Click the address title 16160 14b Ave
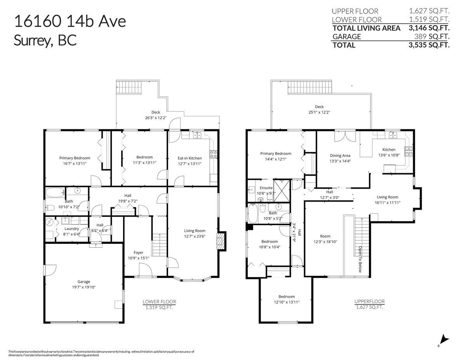[70, 21]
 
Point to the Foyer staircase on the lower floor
[157, 245]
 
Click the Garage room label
[83, 282]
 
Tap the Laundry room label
[71, 229]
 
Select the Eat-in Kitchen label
[190, 158]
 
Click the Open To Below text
[360, 259]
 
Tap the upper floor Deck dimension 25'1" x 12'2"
[319, 112]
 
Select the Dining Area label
[340, 155]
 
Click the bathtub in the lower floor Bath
[55, 192]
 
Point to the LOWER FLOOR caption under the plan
[159, 301]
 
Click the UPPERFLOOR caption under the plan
[369, 301]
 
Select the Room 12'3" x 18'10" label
[325, 236]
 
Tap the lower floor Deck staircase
[128, 87]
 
